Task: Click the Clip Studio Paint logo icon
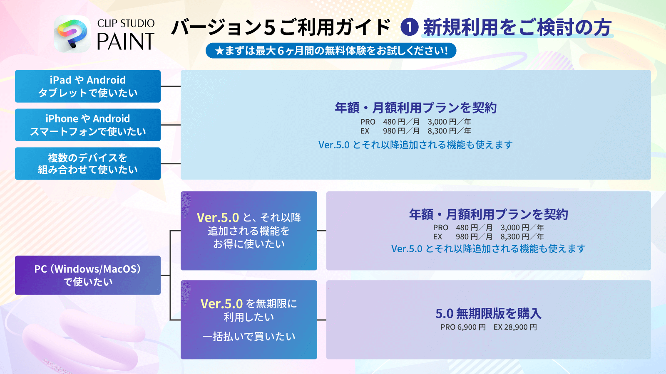pos(72,34)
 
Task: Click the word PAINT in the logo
pos(125,42)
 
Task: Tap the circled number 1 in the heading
pos(409,27)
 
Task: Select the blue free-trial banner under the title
pos(331,51)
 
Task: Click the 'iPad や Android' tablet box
pos(88,86)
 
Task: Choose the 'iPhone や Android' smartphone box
pos(88,125)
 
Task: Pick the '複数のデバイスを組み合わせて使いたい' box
pos(88,163)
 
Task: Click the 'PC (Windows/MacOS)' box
pos(88,275)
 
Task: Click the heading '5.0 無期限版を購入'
pos(488,313)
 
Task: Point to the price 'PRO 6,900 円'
pos(463,327)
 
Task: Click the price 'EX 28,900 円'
pos(515,327)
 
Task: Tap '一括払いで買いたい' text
pos(249,337)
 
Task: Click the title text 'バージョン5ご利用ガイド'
pos(281,27)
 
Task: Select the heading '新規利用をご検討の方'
pos(517,27)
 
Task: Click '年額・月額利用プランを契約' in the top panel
pos(415,108)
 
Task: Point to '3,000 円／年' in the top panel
pos(450,122)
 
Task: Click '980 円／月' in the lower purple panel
pos(474,237)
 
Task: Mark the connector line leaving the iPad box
pos(171,86)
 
